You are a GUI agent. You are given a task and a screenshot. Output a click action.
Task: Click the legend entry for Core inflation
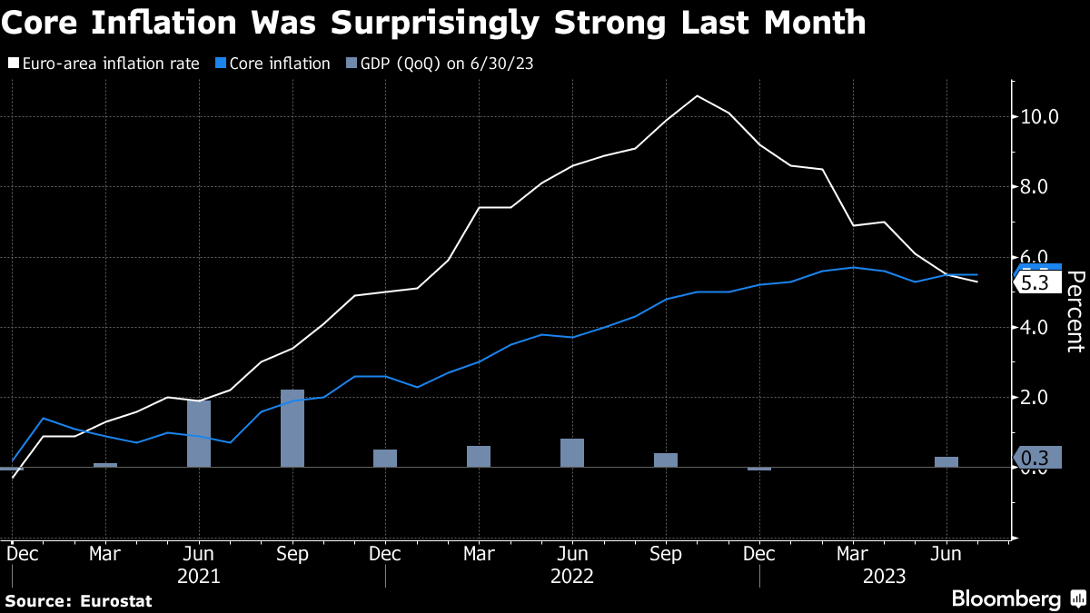pyautogui.click(x=279, y=64)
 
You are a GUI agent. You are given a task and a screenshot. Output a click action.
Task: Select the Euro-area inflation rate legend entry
pyautogui.click(x=109, y=64)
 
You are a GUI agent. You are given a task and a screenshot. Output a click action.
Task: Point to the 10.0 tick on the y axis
pyautogui.click(x=1039, y=116)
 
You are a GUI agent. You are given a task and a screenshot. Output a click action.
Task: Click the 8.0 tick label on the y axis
pyautogui.click(x=1035, y=187)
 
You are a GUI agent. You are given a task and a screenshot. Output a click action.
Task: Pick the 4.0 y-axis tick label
pyautogui.click(x=1035, y=327)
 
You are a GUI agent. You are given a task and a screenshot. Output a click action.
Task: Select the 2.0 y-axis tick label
pyautogui.click(x=1035, y=397)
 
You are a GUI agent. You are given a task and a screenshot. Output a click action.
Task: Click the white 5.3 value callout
pyautogui.click(x=1036, y=283)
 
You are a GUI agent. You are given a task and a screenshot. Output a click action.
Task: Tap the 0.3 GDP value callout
pyautogui.click(x=1036, y=458)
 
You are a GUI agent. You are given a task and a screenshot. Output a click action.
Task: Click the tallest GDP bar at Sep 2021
pyautogui.click(x=292, y=428)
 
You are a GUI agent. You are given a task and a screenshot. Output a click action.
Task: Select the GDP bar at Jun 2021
pyautogui.click(x=199, y=433)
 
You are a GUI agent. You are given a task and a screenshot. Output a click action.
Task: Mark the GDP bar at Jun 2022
pyautogui.click(x=572, y=452)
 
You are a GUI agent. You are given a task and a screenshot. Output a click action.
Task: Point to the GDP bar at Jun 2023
pyautogui.click(x=946, y=461)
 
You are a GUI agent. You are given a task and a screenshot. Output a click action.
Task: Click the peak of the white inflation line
pyautogui.click(x=697, y=96)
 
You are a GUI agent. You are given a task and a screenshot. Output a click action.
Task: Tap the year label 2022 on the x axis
pyautogui.click(x=572, y=576)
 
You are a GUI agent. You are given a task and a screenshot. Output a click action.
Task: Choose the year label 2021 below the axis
pyautogui.click(x=199, y=576)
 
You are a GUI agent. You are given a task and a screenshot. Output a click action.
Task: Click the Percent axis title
pyautogui.click(x=1075, y=311)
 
